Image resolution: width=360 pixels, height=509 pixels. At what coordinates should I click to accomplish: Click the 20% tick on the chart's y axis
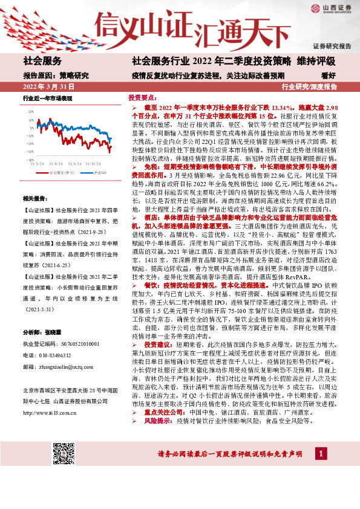click(30, 111)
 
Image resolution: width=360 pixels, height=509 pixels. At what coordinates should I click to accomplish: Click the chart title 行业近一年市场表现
click(47, 98)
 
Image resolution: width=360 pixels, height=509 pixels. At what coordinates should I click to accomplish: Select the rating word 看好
click(329, 76)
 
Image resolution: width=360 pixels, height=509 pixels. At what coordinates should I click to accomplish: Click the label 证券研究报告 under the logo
click(332, 46)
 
